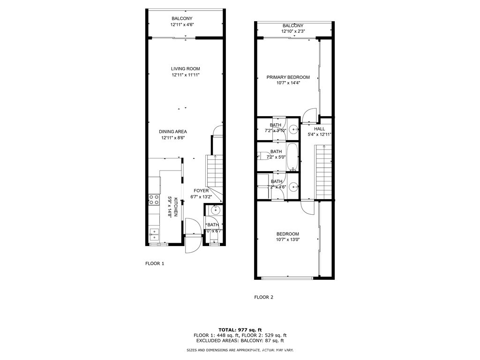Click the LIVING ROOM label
186,69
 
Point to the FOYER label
202,191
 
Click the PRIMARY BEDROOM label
288,77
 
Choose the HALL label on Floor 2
319,129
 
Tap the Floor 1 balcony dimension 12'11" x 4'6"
186,25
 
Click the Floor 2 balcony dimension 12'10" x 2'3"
293,31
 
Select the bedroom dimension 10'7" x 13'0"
287,240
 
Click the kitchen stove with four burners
154,200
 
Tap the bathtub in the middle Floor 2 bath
292,157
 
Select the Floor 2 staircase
324,171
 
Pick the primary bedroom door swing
310,115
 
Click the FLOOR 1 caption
155,263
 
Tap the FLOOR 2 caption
263,297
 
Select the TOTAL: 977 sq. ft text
240,330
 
